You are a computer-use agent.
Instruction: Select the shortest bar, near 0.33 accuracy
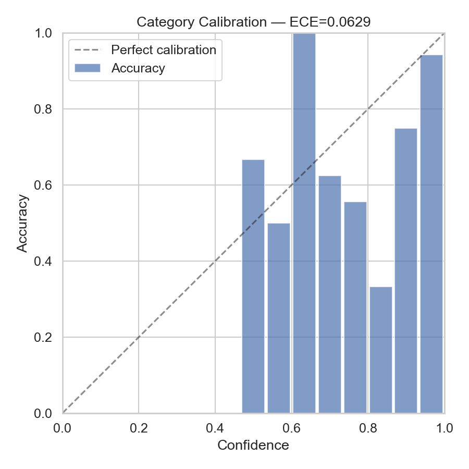[x=381, y=350]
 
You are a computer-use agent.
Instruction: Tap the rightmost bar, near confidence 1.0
[x=431, y=234]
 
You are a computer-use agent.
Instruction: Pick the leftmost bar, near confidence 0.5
[x=253, y=286]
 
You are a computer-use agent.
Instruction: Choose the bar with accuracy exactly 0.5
[x=279, y=318]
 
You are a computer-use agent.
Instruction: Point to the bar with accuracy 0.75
[x=406, y=270]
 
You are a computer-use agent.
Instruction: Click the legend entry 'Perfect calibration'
[x=164, y=50]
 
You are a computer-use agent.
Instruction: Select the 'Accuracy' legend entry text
[x=138, y=68]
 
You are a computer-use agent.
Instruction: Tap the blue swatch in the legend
[x=87, y=68]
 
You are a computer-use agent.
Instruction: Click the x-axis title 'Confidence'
[x=253, y=445]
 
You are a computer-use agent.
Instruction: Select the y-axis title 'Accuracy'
[x=22, y=223]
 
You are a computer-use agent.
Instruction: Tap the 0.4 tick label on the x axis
[x=215, y=428]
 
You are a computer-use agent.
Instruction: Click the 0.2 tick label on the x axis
[x=139, y=428]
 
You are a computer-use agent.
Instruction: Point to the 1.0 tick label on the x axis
[x=444, y=428]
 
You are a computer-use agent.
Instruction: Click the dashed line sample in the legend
[x=87, y=51]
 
